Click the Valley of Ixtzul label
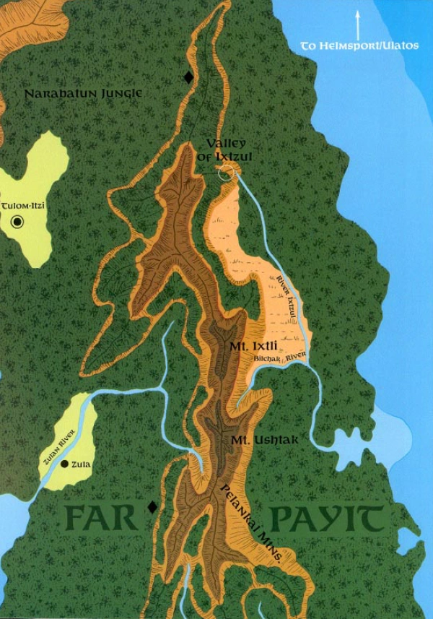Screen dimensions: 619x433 (226, 150)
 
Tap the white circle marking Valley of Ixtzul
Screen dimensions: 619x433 (226, 172)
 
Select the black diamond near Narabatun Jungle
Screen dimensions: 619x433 (188, 77)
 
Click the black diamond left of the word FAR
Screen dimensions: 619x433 (152, 507)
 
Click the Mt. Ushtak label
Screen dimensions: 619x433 (255, 439)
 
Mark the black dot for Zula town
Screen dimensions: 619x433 (65, 464)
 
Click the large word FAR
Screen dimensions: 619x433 (98, 518)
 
